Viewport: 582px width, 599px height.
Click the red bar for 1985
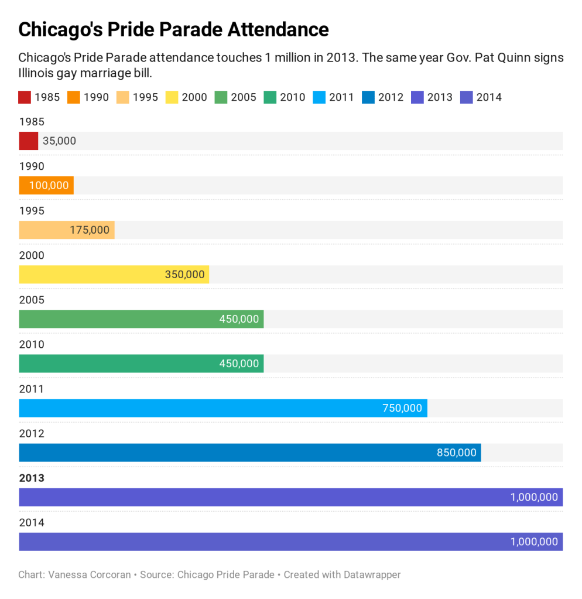click(29, 141)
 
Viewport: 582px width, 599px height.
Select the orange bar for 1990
click(46, 186)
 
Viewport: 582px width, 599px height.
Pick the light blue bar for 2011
click(223, 408)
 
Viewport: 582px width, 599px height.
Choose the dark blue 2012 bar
click(250, 453)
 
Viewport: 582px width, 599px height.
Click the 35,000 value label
click(59, 141)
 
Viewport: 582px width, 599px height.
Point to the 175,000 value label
click(90, 230)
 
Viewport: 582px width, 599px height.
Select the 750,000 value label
click(402, 408)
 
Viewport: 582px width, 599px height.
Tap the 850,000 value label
click(457, 453)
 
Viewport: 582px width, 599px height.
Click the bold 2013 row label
click(32, 478)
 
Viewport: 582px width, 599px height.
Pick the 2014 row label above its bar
click(32, 523)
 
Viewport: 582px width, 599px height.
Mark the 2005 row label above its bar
click(32, 300)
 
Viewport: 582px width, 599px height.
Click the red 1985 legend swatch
click(24, 97)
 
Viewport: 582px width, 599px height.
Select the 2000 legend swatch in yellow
click(172, 97)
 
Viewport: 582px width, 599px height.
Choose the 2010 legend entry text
click(293, 97)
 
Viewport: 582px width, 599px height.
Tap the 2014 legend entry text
click(489, 97)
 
